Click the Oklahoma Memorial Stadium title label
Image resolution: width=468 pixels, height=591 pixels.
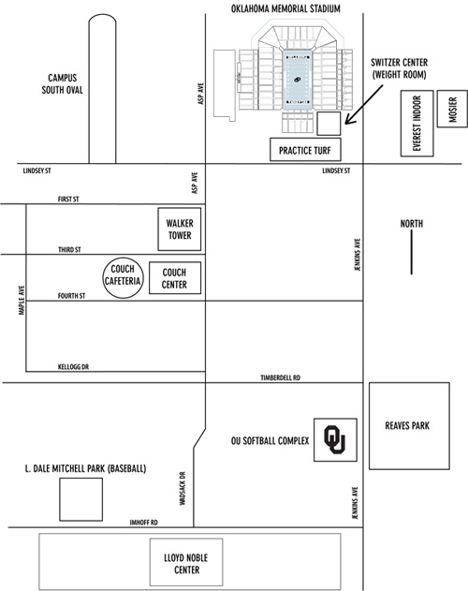285,8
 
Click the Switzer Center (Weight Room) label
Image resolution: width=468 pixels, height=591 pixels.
399,68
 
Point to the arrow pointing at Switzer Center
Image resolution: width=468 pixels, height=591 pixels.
364,104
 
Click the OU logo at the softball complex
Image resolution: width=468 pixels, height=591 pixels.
334,439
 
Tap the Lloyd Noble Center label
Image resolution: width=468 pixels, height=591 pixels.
186,564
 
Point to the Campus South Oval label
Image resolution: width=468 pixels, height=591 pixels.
62,83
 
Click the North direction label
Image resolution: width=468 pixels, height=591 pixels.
412,224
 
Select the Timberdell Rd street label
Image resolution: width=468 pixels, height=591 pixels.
281,377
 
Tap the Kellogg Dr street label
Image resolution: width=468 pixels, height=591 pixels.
74,367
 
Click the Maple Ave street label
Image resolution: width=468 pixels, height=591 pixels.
22,300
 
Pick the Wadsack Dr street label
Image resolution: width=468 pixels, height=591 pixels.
183,488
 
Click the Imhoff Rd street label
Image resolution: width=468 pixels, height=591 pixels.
144,523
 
